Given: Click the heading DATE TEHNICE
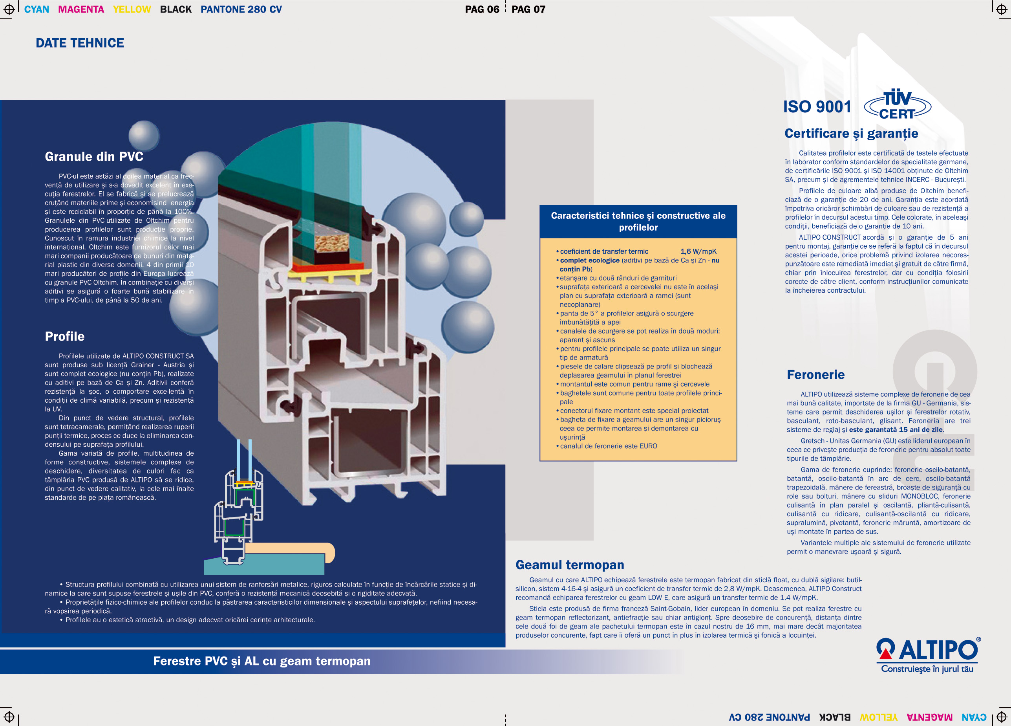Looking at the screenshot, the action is pos(80,43).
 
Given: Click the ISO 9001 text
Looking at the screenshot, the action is pos(817,106).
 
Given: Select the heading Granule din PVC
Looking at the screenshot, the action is pos(94,156).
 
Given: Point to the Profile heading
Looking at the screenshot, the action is pos(65,336).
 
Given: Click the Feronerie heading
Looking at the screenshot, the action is pos(816,375).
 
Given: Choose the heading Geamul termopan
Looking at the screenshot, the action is pos(570,565).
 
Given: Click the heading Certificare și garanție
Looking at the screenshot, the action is pos(852,133).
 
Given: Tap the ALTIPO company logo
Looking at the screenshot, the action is pos(929,654).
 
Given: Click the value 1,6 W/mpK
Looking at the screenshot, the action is pos(698,251).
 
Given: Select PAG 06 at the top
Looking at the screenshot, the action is pos(482,9).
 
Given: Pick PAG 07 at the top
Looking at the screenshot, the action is pos(528,9).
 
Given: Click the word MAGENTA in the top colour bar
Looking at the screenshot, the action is pos(81,9).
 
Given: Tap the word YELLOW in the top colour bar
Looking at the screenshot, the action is pos(132,9).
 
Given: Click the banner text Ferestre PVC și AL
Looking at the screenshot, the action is pos(207,661).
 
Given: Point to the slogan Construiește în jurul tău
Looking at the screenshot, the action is pos(927,669).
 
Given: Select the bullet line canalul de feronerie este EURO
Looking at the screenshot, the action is pos(607,446).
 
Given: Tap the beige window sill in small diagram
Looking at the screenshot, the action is pos(290,551).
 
